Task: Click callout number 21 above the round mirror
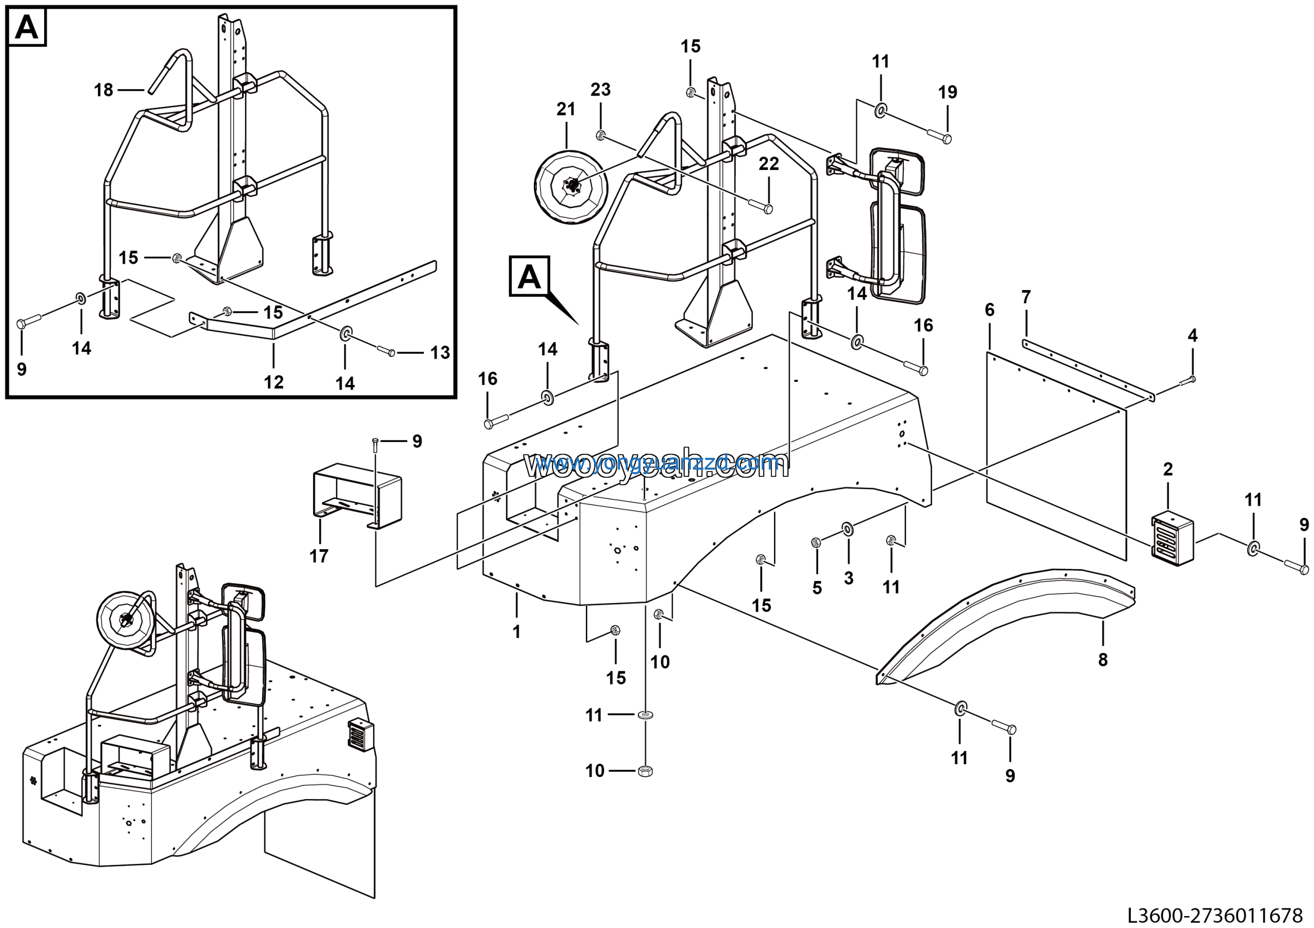(x=566, y=109)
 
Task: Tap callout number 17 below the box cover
(x=319, y=555)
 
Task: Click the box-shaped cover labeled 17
(x=357, y=495)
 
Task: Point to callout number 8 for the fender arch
(x=1103, y=660)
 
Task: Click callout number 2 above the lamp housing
(x=1168, y=469)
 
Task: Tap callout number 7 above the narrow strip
(x=1026, y=297)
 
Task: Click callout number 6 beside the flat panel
(x=990, y=310)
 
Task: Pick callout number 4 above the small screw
(x=1193, y=335)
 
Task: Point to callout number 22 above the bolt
(x=768, y=164)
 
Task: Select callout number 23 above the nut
(x=601, y=89)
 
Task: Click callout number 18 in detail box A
(x=104, y=90)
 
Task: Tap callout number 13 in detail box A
(x=440, y=353)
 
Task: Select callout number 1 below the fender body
(x=516, y=632)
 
